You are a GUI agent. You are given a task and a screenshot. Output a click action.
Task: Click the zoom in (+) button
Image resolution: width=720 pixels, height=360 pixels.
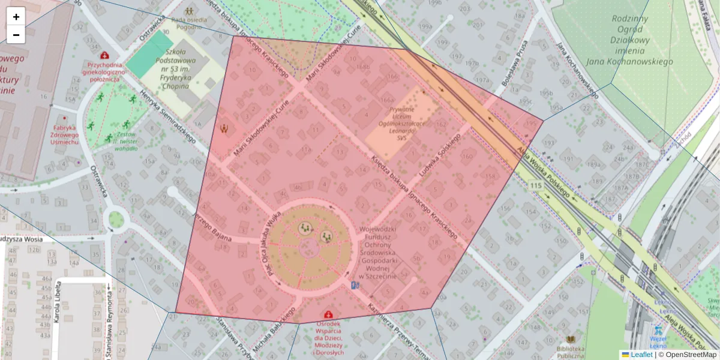(x=16, y=17)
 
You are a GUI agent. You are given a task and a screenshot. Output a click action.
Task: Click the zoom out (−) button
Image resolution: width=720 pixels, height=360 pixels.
(x=16, y=35)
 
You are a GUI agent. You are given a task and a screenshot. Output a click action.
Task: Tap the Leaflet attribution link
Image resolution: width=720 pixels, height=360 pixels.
(x=641, y=355)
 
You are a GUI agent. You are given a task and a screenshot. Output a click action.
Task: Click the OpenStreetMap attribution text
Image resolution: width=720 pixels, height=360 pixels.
(x=689, y=355)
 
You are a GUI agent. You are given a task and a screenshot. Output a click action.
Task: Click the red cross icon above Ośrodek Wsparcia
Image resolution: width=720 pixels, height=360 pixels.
(x=328, y=314)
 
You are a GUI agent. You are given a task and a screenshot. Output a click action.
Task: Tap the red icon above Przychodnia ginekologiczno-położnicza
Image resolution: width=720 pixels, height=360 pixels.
(x=105, y=56)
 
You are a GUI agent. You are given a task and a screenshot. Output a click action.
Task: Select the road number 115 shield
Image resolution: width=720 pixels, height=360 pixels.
(x=536, y=185)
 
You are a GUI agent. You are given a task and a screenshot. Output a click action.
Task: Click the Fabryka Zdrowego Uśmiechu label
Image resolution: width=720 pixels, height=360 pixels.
(x=65, y=134)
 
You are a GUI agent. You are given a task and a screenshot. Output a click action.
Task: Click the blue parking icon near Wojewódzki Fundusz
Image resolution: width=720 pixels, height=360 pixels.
(x=355, y=286)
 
